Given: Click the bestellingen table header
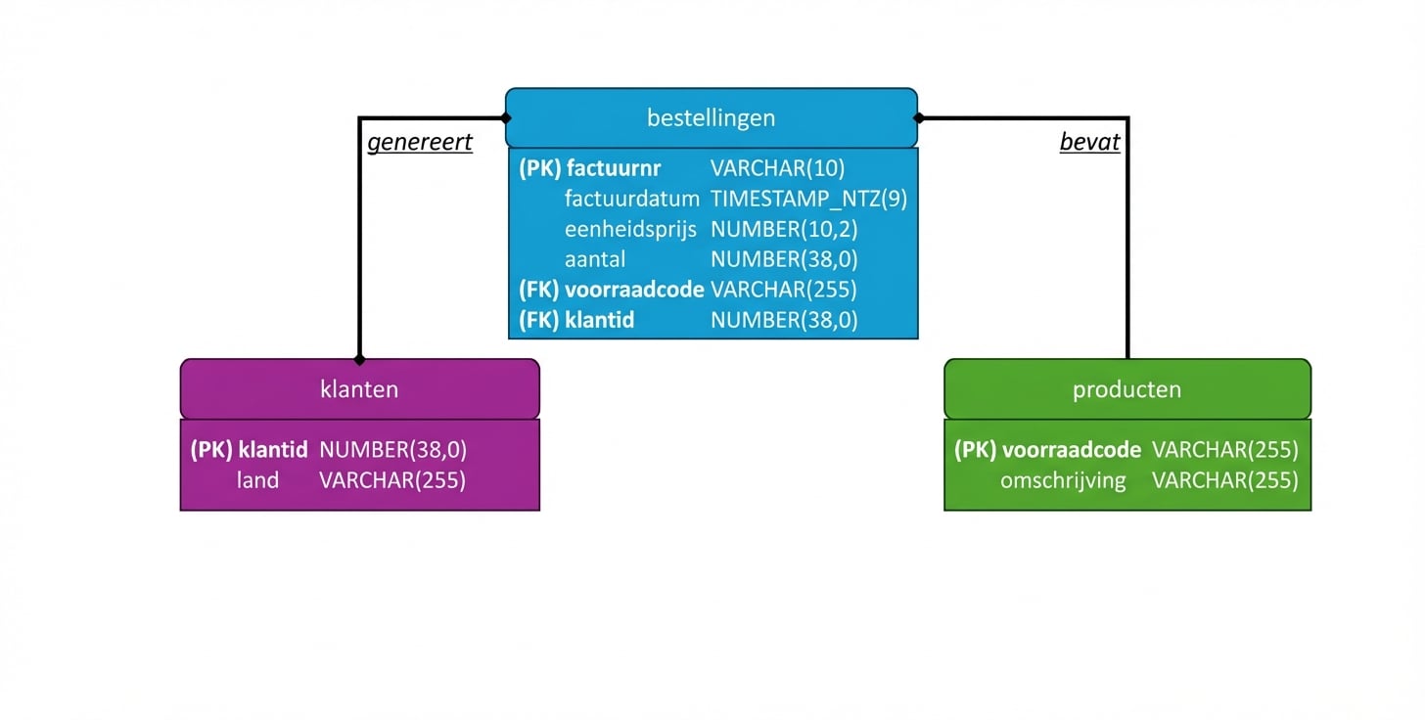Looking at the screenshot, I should pyautogui.click(x=711, y=118).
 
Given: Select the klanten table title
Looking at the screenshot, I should pyautogui.click(x=359, y=389).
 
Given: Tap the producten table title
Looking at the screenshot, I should pyautogui.click(x=1126, y=389).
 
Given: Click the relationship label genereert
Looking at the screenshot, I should pyautogui.click(x=420, y=143).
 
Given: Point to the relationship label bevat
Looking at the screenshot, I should pyautogui.click(x=1089, y=143).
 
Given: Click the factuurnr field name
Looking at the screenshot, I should pyautogui.click(x=613, y=168).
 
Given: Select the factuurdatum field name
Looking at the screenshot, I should pyautogui.click(x=631, y=199).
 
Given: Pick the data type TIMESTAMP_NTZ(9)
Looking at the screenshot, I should pyautogui.click(x=808, y=199).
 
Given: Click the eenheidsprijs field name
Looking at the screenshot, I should pyautogui.click(x=630, y=229).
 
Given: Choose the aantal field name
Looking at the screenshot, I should pyautogui.click(x=595, y=259).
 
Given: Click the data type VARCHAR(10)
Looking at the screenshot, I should pyautogui.click(x=777, y=168).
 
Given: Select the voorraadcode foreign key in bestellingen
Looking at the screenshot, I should pyautogui.click(x=634, y=290).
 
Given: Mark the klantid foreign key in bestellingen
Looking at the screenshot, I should pyautogui.click(x=600, y=320).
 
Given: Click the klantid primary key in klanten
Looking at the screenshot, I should pyautogui.click(x=273, y=450).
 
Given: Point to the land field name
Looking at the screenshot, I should pyautogui.click(x=257, y=480).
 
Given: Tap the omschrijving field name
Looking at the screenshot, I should pyautogui.click(x=1063, y=480).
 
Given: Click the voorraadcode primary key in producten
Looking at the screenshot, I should pyautogui.click(x=1071, y=450).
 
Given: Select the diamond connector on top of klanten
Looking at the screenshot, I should pyautogui.click(x=359, y=359).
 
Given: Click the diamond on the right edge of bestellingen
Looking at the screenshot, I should pyautogui.click(x=918, y=118).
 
